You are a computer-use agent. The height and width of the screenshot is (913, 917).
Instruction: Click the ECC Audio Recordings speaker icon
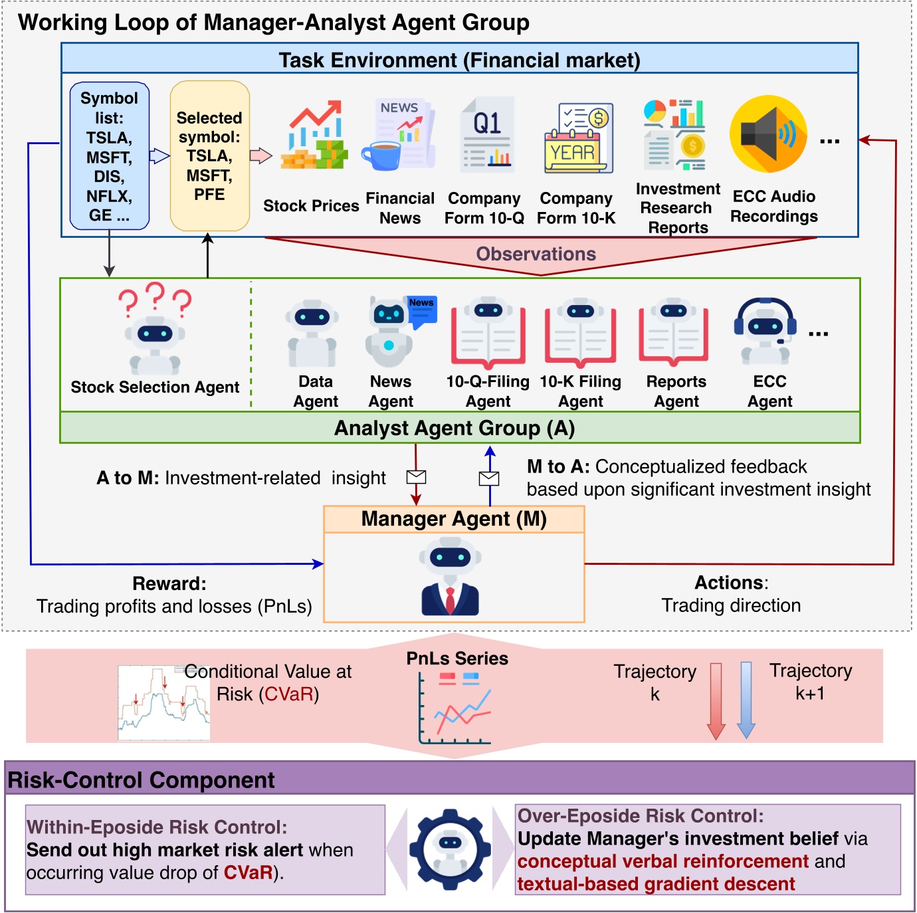click(x=768, y=134)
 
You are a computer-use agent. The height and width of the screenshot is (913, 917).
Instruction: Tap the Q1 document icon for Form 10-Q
click(x=488, y=133)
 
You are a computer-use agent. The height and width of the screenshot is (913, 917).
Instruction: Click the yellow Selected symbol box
click(x=209, y=156)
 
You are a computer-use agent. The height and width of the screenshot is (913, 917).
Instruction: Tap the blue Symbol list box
click(x=110, y=156)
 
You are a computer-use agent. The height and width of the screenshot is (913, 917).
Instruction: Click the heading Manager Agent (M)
click(x=454, y=519)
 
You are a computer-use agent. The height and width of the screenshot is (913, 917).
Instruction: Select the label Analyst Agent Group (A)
click(x=455, y=428)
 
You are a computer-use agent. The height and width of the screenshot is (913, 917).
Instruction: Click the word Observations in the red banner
click(x=536, y=254)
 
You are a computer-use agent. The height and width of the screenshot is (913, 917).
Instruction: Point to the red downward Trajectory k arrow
click(x=716, y=700)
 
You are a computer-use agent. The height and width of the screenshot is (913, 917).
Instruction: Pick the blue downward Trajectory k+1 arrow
click(x=746, y=700)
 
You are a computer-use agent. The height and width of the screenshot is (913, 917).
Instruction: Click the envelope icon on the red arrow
click(x=416, y=476)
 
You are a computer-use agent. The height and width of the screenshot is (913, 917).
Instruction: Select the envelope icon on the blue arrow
click(x=489, y=478)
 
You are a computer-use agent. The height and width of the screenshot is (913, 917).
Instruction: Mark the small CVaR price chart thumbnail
click(x=163, y=703)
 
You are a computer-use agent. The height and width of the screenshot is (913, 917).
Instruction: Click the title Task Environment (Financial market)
click(x=459, y=60)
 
